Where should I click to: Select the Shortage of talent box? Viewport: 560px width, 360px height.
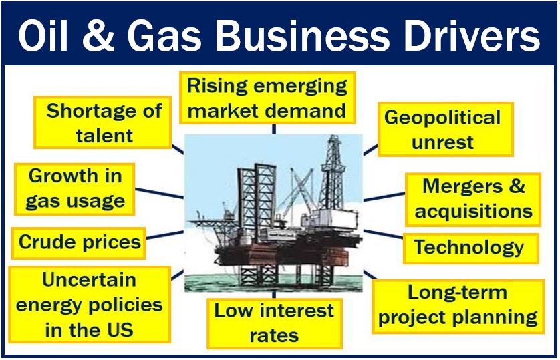(103, 122)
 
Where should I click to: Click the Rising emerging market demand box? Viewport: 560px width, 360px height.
(267, 98)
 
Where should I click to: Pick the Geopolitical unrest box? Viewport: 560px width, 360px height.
(445, 129)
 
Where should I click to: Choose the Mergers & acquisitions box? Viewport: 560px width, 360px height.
(473, 200)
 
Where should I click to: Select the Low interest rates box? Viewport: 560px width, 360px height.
(274, 323)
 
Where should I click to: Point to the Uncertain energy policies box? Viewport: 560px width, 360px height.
(90, 305)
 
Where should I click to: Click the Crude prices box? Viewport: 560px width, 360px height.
(79, 243)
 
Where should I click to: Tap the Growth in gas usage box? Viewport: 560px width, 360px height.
(75, 190)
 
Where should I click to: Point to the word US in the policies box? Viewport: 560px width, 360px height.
(119, 330)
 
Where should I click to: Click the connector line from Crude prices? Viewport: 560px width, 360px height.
(164, 235)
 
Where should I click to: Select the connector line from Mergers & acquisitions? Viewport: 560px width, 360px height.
(384, 197)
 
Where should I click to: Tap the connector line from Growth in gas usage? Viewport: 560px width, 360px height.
(159, 194)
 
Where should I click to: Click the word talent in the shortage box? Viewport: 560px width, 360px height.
(104, 136)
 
